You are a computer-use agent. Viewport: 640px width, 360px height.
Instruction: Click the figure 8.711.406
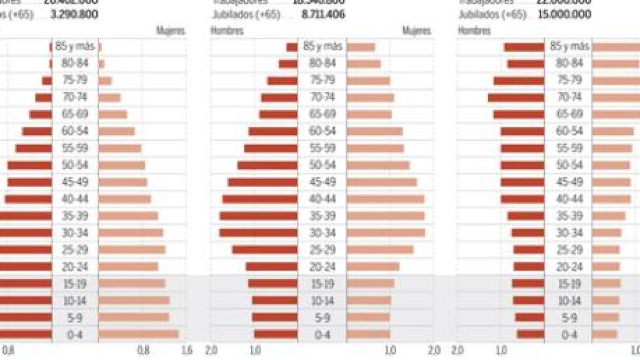322,13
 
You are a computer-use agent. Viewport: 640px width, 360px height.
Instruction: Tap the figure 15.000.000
564,13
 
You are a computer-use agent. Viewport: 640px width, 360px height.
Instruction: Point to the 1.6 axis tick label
186,351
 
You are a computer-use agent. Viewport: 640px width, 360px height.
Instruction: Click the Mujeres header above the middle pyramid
416,30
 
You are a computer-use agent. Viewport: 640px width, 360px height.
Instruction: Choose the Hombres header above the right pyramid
474,30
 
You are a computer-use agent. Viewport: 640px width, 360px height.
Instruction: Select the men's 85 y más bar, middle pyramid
291,47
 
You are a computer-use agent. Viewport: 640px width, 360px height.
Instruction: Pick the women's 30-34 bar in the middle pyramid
385,232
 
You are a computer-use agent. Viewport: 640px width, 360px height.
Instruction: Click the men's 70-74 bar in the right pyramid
515,97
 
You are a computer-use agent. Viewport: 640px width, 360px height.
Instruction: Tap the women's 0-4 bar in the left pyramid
138,334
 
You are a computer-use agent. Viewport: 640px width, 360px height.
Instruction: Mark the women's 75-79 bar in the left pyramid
105,80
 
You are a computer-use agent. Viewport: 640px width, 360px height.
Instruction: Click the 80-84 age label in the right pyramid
569,63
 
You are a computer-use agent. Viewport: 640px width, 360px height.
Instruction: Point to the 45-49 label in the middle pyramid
322,182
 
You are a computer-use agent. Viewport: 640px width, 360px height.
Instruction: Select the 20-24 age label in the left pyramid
75,266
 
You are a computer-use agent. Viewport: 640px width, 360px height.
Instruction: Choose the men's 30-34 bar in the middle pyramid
258,232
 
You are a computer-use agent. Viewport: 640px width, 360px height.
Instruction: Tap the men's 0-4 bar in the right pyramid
530,334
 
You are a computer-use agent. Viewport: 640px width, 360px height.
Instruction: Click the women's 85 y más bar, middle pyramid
360,47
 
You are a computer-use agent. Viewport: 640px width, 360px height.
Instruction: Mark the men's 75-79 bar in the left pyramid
47,80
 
